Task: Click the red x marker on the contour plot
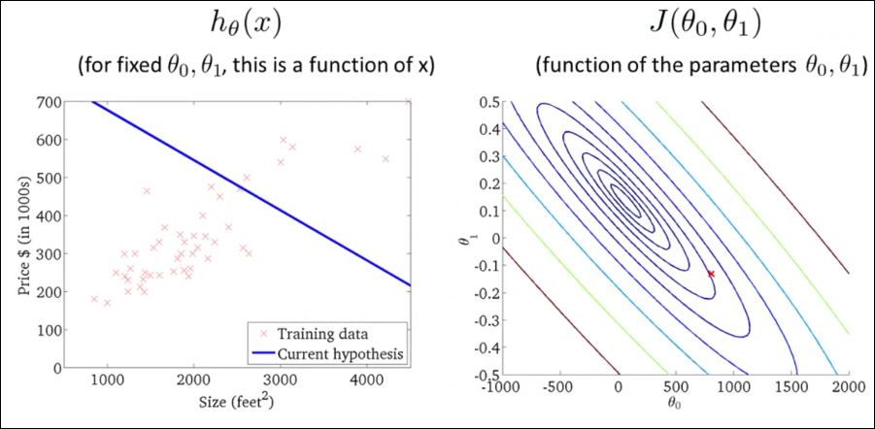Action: (x=711, y=274)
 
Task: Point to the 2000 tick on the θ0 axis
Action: (x=848, y=386)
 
